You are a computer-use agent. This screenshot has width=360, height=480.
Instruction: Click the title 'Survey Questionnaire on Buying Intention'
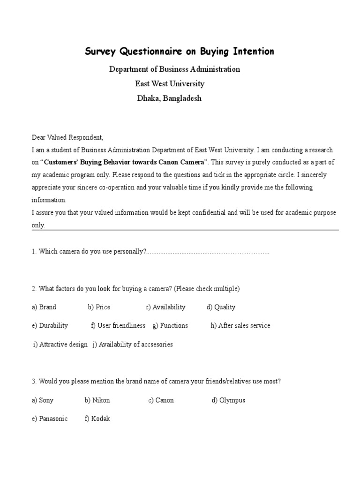180,52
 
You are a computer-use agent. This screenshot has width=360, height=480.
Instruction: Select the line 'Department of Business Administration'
174,69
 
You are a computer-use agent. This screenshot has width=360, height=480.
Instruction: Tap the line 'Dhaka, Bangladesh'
169,99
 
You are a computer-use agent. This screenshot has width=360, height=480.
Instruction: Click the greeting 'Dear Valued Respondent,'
67,137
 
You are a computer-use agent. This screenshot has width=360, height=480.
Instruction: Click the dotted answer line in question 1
208,252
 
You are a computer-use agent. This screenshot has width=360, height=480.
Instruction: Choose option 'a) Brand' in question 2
44,307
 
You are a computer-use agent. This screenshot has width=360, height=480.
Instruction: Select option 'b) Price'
99,307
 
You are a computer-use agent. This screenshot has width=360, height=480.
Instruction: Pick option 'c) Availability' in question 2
165,307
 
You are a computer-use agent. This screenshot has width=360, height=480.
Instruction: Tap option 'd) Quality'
221,307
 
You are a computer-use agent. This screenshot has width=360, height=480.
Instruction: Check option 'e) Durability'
50,325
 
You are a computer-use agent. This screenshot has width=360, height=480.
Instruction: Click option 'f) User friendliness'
118,325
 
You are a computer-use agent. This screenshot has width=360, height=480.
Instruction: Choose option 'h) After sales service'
240,325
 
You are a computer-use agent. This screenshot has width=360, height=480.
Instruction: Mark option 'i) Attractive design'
60,345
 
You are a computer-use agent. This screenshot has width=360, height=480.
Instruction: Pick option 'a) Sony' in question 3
43,400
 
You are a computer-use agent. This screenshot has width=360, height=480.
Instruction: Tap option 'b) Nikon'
97,400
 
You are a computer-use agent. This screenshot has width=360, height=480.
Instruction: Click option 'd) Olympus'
228,400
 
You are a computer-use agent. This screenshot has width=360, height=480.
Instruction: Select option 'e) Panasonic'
50,419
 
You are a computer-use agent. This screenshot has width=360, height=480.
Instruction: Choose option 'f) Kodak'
97,419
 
